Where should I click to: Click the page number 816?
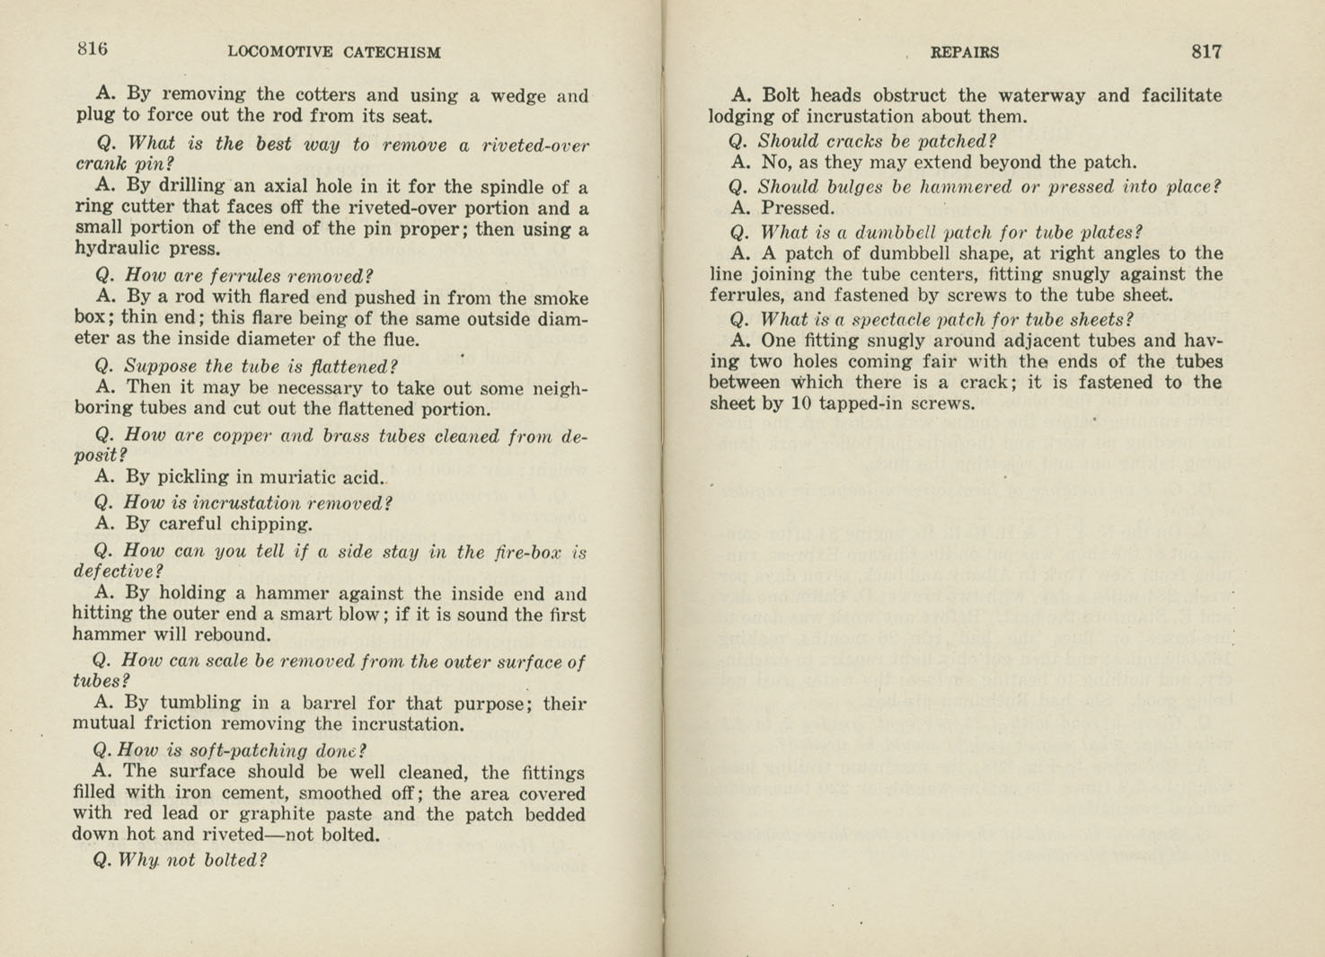[x=92, y=49]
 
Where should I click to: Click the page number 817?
[x=1206, y=51]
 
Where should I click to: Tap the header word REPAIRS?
[x=964, y=52]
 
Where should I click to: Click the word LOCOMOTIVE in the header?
[x=280, y=52]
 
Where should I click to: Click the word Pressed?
[x=797, y=208]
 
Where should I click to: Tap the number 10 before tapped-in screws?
[x=799, y=403]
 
